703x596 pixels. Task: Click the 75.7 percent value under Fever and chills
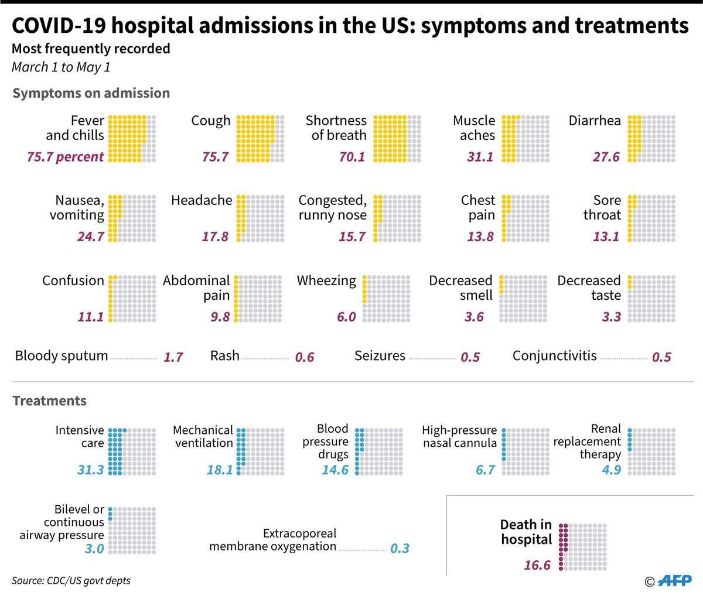(65, 157)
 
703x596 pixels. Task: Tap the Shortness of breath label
(336, 128)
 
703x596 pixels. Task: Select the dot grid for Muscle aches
(525, 139)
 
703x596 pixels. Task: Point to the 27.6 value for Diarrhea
(606, 157)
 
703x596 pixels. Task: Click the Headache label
(202, 200)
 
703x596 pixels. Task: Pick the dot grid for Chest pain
(525, 218)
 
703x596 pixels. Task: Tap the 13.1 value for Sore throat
(606, 237)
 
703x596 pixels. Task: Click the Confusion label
(73, 280)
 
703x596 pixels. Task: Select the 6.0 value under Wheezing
(346, 317)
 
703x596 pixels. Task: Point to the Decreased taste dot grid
(651, 299)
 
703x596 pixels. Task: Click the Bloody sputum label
(62, 356)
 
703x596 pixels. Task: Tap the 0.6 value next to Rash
(305, 357)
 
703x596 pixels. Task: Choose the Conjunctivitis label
(554, 356)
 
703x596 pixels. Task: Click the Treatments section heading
(49, 401)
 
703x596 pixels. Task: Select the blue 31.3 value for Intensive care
(90, 470)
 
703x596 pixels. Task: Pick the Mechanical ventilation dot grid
(261, 451)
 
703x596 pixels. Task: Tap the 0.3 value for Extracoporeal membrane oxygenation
(400, 549)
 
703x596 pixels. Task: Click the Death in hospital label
(526, 532)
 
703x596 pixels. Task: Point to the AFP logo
(674, 581)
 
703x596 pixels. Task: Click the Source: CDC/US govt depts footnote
(71, 581)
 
